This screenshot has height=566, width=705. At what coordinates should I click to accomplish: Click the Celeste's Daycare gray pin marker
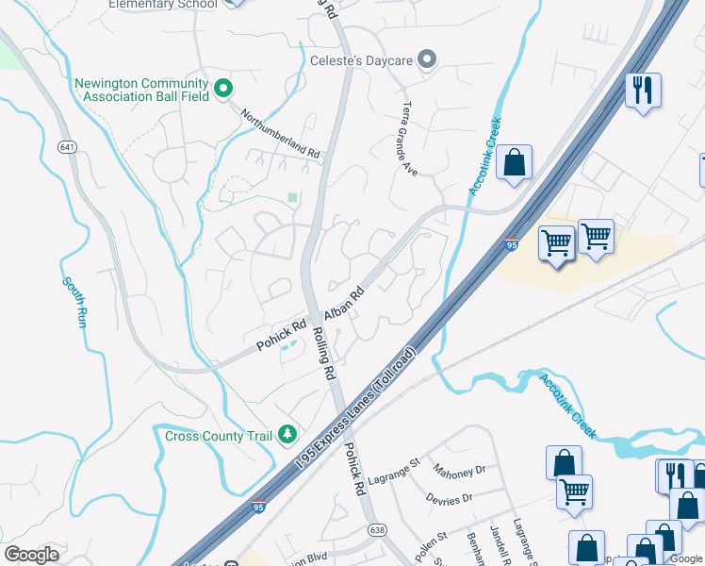click(427, 60)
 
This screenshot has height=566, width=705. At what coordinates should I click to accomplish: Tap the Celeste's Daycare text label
click(362, 60)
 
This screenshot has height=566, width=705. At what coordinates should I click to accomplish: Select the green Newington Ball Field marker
click(223, 90)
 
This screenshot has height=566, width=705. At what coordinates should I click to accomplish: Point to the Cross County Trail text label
click(219, 436)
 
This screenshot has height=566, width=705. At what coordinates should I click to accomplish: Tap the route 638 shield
click(376, 530)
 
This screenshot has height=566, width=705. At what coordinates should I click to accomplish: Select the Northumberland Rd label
click(281, 133)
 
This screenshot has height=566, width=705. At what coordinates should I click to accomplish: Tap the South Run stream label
click(72, 302)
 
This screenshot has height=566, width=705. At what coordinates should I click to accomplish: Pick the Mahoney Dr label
click(459, 469)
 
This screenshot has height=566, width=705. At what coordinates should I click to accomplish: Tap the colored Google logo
click(31, 556)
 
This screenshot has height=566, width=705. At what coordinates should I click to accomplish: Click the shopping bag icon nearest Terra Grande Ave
click(515, 162)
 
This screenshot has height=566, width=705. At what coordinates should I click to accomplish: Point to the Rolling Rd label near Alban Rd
click(323, 353)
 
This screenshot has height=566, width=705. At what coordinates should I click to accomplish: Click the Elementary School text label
click(163, 5)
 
